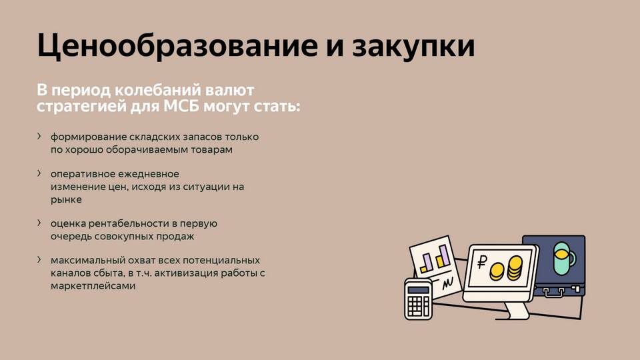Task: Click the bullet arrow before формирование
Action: [x=39, y=136]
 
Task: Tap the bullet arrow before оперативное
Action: [x=39, y=173]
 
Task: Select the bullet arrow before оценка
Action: [x=39, y=223]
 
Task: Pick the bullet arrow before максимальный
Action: [x=39, y=259]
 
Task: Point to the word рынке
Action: [x=66, y=200]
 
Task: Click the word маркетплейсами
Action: [x=93, y=286]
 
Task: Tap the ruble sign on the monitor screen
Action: [x=482, y=262]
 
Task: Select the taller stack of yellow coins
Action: [x=515, y=268]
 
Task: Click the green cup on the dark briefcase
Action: [x=564, y=258]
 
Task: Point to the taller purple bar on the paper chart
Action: [x=443, y=255]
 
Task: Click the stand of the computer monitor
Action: [x=516, y=310]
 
